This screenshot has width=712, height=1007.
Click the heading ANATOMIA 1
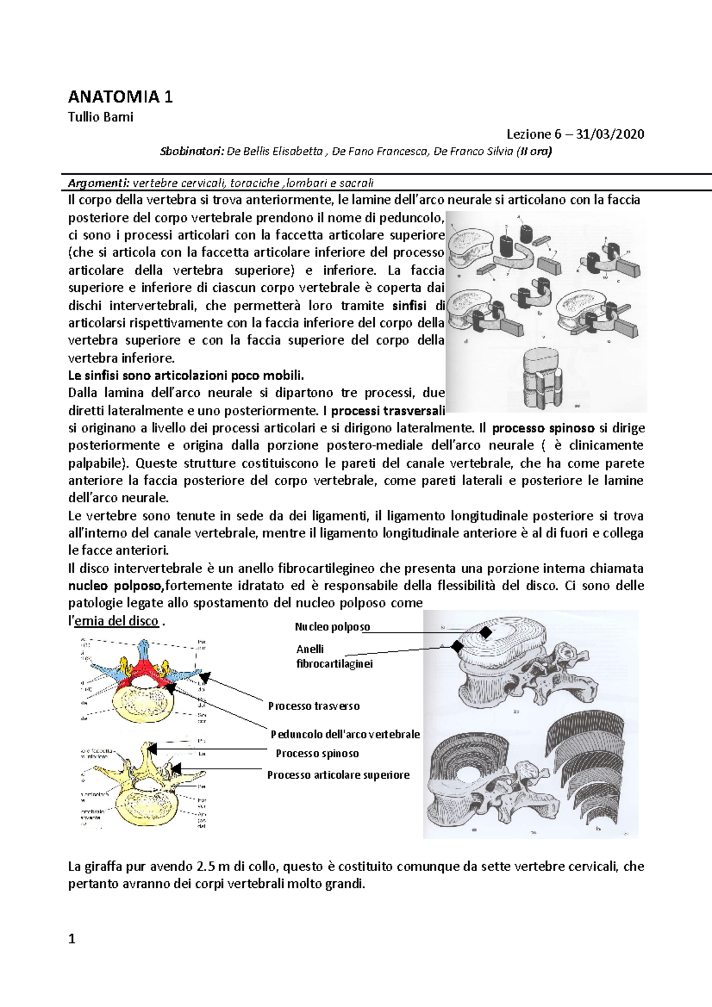(120, 97)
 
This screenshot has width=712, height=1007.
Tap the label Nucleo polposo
(332, 627)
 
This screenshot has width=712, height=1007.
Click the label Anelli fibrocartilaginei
(334, 657)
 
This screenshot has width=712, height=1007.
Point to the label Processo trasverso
(313, 706)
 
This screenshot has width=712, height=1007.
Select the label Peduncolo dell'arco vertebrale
(345, 734)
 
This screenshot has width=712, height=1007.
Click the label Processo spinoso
(317, 754)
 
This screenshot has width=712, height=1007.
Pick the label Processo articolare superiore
(338, 775)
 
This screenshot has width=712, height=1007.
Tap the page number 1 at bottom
(72, 939)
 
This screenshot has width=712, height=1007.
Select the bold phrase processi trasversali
(387, 410)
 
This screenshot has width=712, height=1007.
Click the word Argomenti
(98, 182)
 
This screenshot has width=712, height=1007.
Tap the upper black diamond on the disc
(486, 633)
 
